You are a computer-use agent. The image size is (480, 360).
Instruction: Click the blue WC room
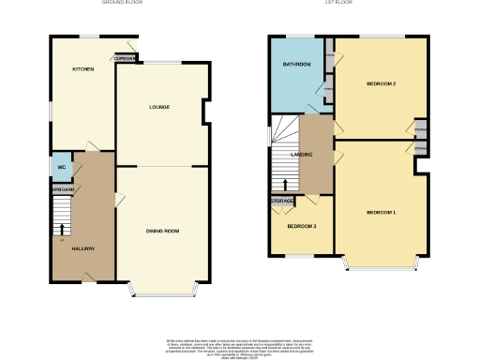pyautogui.click(x=60, y=165)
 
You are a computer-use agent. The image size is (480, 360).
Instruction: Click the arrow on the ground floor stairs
pyautogui.click(x=63, y=228)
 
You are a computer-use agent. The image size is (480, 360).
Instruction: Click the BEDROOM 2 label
pyautogui.click(x=381, y=84)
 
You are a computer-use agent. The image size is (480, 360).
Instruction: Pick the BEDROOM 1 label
pyautogui.click(x=381, y=213)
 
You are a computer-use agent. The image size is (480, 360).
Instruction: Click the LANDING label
pyautogui.click(x=301, y=155)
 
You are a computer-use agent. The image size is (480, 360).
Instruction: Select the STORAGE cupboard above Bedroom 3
pyautogui.click(x=283, y=201)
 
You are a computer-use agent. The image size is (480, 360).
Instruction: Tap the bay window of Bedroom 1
pyautogui.click(x=381, y=264)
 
